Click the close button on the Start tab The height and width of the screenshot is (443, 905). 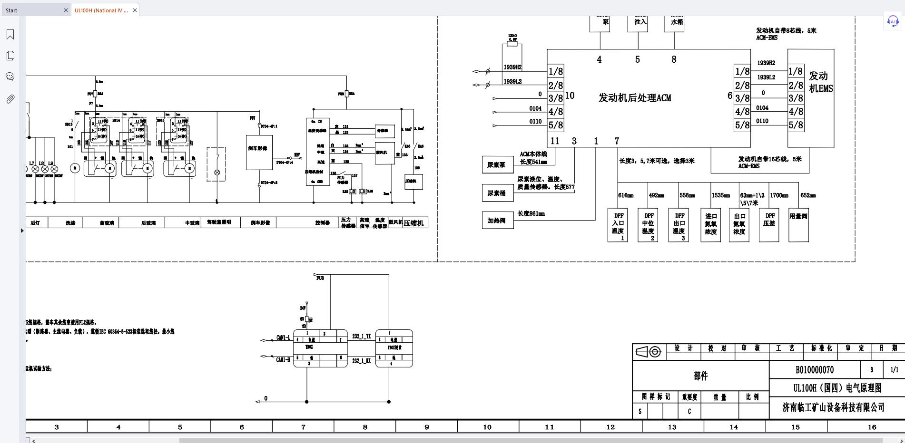coord(66,10)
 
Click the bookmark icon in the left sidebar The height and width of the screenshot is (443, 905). coord(10,34)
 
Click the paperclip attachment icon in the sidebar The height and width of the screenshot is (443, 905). coord(10,99)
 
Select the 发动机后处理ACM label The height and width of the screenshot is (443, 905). coord(635,98)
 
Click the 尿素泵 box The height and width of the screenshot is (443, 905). coord(497,165)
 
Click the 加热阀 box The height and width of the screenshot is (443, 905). coord(497,221)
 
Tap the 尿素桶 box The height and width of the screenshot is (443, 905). coord(497,193)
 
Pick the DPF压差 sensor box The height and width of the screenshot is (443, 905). coord(769,224)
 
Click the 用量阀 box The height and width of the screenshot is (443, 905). coord(798,224)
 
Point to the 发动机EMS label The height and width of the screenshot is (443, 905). coord(820,82)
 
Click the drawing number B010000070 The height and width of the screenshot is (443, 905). coord(814,370)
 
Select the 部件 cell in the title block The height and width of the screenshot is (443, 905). coord(700,376)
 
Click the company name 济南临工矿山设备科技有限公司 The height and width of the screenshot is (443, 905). coord(833,407)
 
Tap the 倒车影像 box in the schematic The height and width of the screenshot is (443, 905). coord(259,152)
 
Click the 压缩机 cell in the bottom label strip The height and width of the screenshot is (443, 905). coord(413,223)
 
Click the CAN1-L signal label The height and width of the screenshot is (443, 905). coord(283,338)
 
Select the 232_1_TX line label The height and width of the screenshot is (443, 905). coord(361,337)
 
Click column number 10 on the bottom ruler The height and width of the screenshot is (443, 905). coord(487,427)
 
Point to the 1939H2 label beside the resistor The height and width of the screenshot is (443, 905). coord(512,67)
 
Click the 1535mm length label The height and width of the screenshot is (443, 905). coord(720,195)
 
